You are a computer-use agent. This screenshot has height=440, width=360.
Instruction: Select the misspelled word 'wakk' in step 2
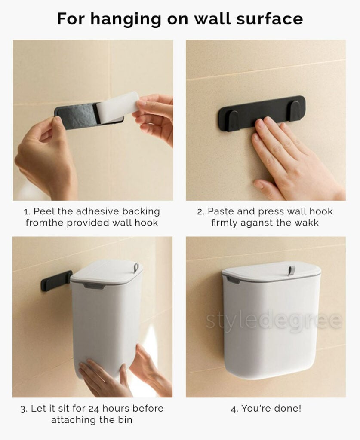click(x=306, y=223)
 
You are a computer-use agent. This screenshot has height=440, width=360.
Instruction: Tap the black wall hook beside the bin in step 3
click(x=56, y=281)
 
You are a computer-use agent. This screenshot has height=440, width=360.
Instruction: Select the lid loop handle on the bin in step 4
click(x=292, y=270)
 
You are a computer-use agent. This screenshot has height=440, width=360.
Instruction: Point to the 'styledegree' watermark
click(x=274, y=321)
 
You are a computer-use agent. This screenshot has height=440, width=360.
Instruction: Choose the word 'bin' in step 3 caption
click(x=125, y=419)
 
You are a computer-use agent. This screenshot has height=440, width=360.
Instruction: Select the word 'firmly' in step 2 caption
click(x=225, y=223)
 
